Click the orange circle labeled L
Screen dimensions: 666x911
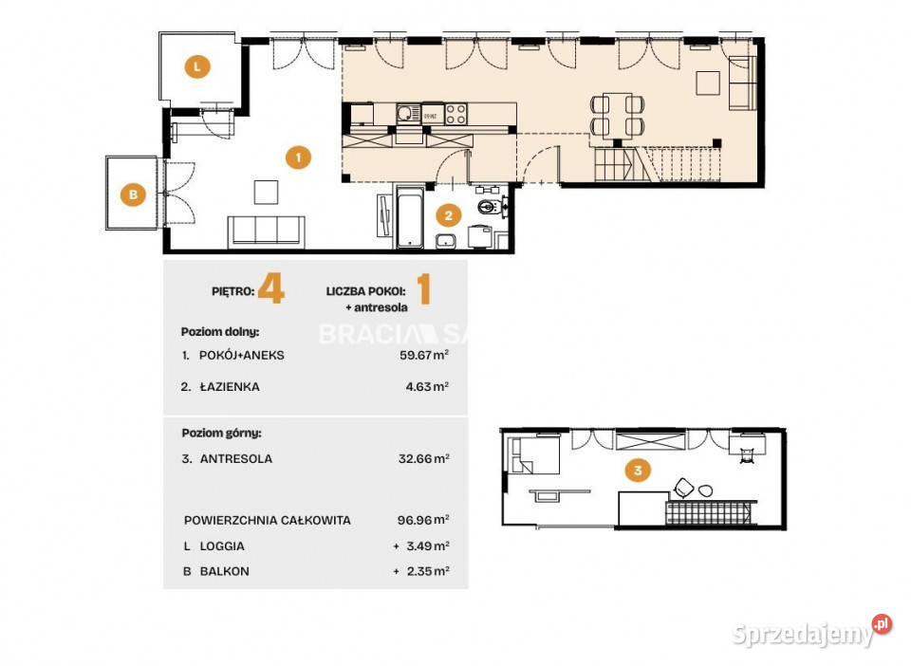[x=196, y=67]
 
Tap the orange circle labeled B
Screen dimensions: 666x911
[x=134, y=196]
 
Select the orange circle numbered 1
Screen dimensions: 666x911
[x=298, y=157]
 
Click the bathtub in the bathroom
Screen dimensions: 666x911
[x=409, y=218]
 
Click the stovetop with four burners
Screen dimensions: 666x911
[x=456, y=114]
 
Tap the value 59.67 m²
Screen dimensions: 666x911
[x=422, y=355]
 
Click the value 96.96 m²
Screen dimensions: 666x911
[x=422, y=520]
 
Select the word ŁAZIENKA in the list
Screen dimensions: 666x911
[x=229, y=387]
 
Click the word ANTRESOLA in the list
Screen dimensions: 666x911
[x=236, y=458]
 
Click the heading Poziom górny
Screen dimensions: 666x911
[x=221, y=433]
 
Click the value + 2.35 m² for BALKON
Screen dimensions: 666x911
[x=420, y=571]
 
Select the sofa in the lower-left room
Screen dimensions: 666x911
[x=266, y=231]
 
